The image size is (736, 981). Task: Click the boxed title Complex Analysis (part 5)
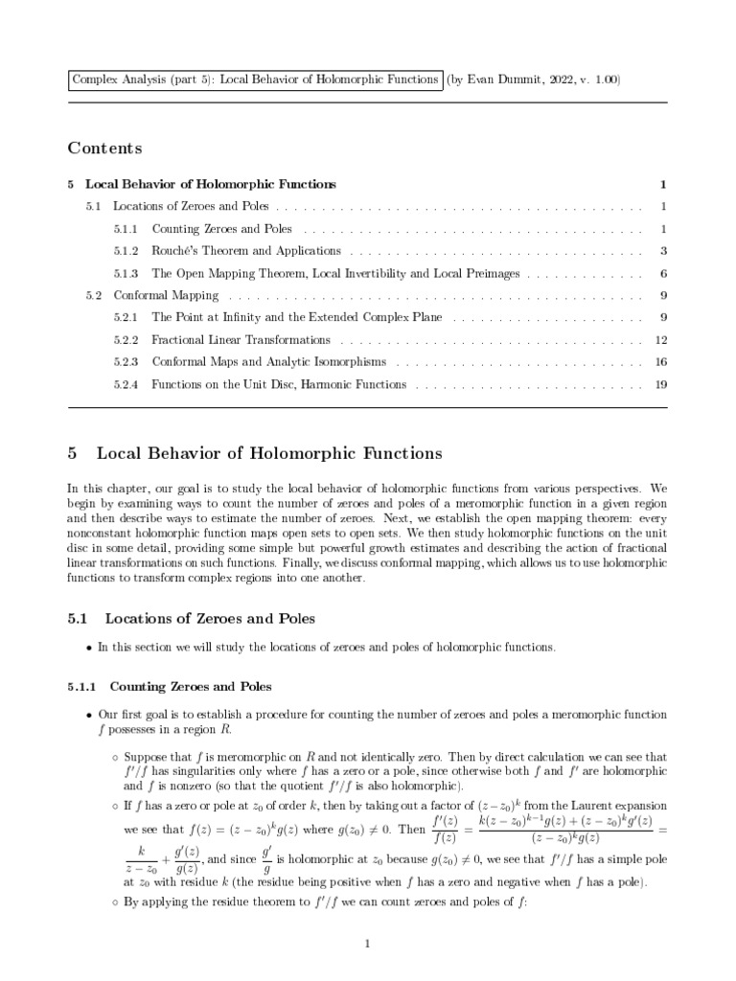255,80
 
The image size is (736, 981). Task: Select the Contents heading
104,148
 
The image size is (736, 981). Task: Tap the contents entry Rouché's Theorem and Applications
246,251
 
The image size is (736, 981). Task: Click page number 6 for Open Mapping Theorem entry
662,273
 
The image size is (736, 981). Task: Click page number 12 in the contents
660,340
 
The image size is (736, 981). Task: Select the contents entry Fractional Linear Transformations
241,340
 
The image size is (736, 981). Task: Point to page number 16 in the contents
660,362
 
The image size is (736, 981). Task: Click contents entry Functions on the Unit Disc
279,384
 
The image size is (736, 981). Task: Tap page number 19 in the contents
660,384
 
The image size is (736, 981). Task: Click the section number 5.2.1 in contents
126,318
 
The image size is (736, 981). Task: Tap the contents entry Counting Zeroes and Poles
221,229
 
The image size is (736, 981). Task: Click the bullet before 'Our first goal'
89,717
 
